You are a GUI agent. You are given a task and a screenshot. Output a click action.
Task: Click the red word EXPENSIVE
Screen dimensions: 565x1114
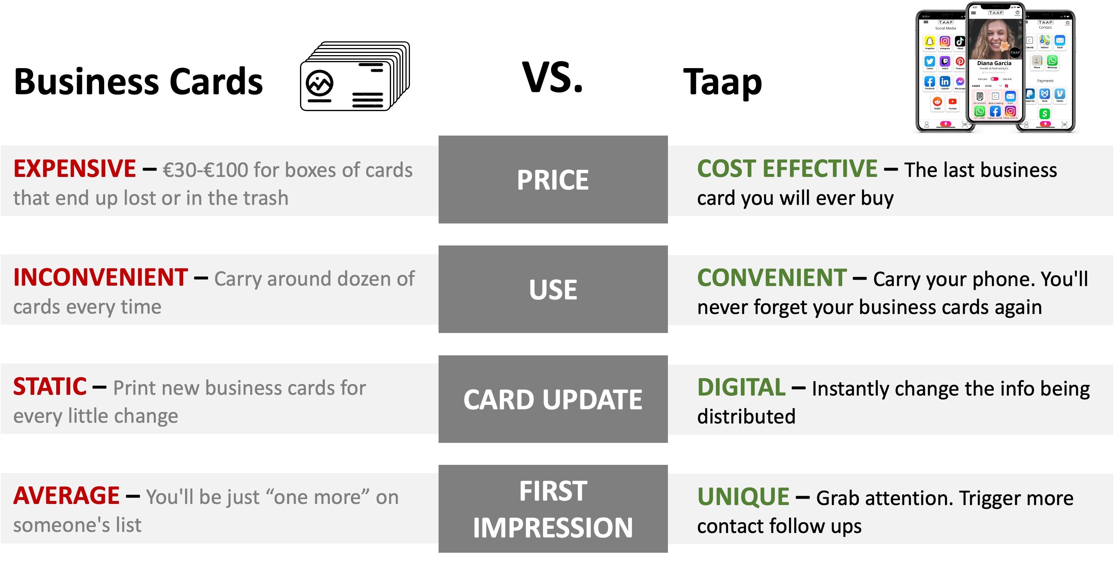point(74,169)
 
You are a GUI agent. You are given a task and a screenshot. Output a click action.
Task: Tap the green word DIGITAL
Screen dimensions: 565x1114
point(741,387)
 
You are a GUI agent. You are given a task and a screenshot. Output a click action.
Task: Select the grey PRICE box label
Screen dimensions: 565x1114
point(553,180)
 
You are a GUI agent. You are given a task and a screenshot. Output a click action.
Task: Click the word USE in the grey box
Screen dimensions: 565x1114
point(553,289)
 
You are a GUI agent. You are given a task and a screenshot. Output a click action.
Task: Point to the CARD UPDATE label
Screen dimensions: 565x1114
point(553,399)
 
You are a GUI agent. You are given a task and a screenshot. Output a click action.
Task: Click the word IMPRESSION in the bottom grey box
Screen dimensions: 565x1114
point(553,528)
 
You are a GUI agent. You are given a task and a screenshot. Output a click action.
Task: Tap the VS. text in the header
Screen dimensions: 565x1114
point(553,78)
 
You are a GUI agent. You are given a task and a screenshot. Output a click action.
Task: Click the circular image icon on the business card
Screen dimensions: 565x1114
point(319,82)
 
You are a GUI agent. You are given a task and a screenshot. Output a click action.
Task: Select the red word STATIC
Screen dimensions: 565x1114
point(50,387)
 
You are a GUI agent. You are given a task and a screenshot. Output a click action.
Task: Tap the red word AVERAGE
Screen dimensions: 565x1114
point(66,496)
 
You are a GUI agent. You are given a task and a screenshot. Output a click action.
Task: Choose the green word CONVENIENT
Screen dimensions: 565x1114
point(772,278)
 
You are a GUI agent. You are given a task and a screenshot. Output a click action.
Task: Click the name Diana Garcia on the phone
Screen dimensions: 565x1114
point(994,63)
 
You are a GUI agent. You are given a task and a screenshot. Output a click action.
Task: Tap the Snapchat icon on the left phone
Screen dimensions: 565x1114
point(929,42)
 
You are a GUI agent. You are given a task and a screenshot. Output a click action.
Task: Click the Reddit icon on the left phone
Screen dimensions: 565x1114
point(937,102)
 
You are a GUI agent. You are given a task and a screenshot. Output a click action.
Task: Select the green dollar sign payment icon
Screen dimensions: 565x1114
point(1044,114)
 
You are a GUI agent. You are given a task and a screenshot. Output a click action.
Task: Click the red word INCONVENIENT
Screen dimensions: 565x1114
point(100,278)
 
